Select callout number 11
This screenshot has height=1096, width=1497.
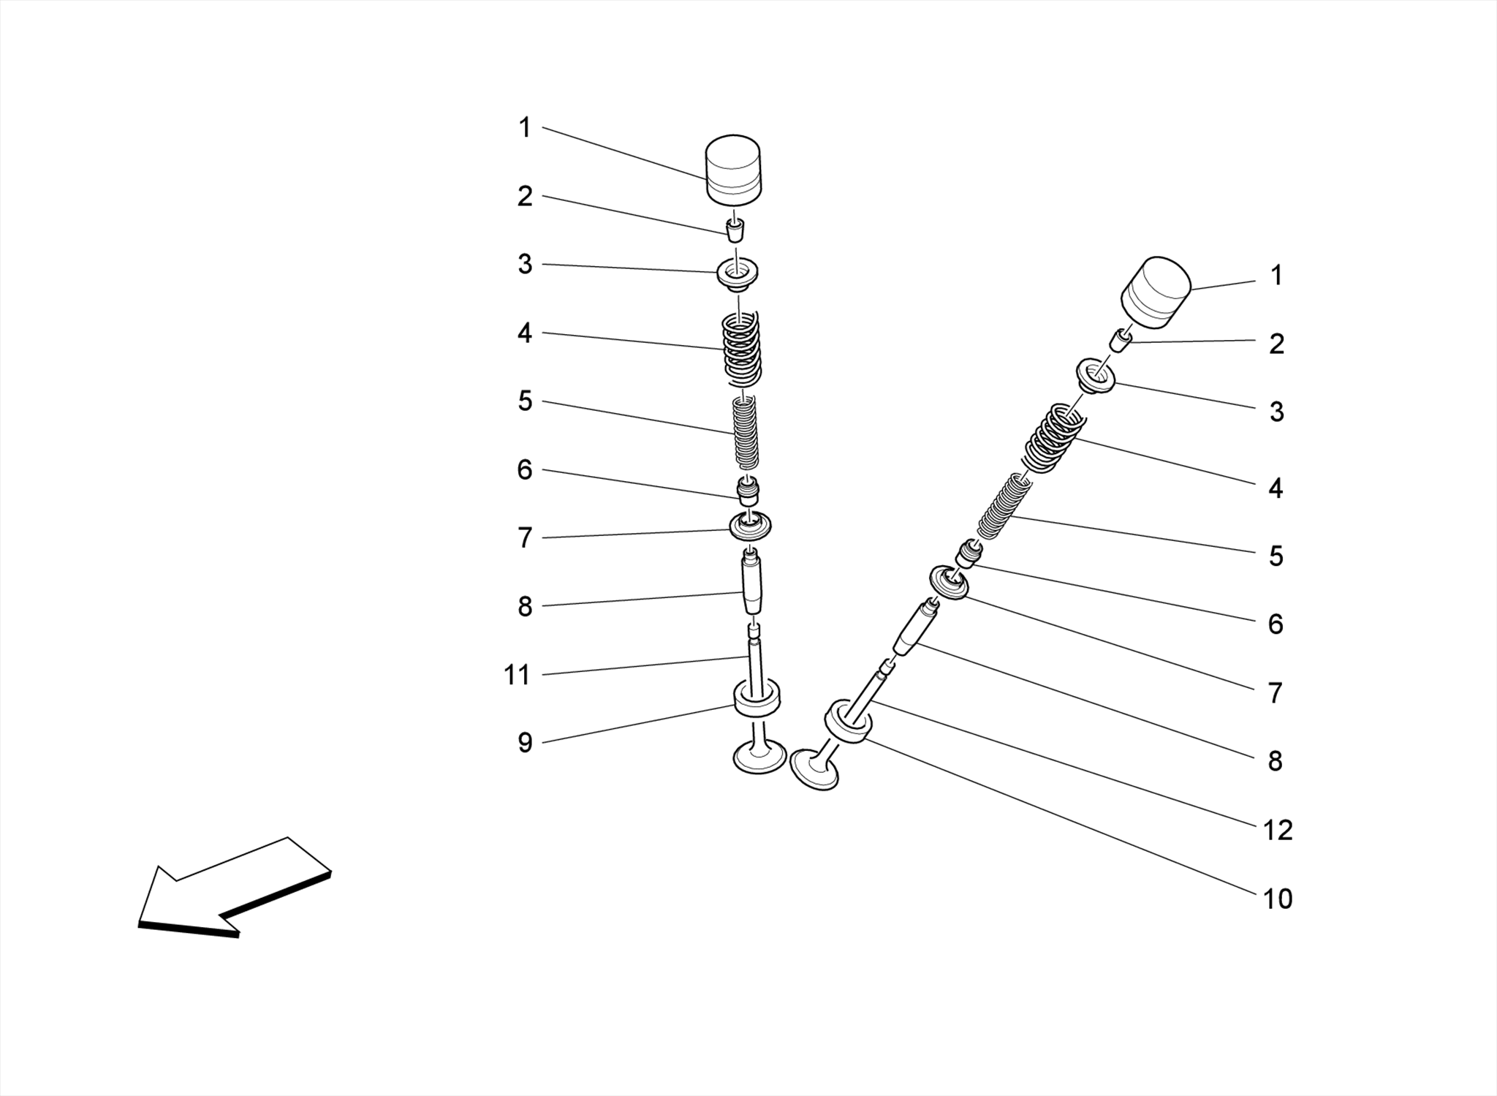pyautogui.click(x=517, y=675)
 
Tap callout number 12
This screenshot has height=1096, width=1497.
pyautogui.click(x=1278, y=830)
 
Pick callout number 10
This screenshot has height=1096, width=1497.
pyautogui.click(x=1278, y=899)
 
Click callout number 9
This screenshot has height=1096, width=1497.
pyautogui.click(x=525, y=743)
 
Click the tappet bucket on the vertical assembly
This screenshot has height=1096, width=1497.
pyautogui.click(x=733, y=168)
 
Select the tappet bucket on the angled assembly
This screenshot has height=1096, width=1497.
pyautogui.click(x=1156, y=290)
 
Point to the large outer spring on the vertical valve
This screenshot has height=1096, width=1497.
pyautogui.click(x=741, y=349)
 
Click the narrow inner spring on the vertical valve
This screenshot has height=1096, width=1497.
pyautogui.click(x=746, y=433)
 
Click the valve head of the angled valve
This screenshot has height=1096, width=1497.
pyautogui.click(x=814, y=770)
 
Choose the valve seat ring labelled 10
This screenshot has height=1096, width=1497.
pyautogui.click(x=848, y=722)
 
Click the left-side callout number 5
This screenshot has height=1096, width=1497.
pyautogui.click(x=525, y=401)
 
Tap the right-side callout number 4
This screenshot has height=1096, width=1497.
pyautogui.click(x=1276, y=488)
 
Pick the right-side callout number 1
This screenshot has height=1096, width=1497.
pyautogui.click(x=1276, y=276)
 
